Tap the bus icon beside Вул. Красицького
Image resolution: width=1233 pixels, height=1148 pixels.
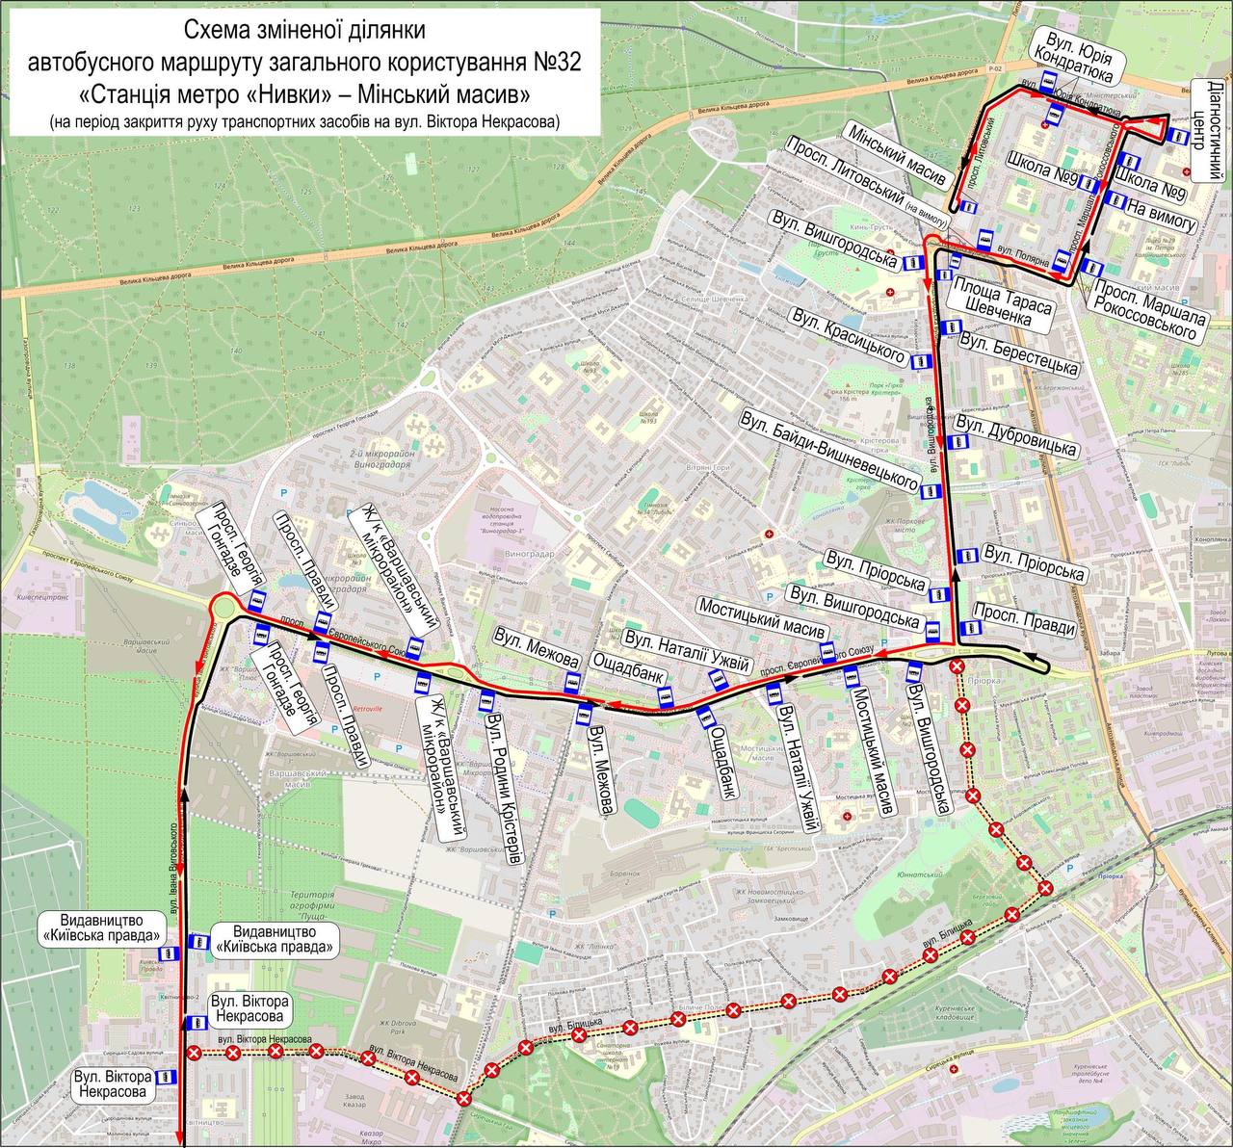(921, 361)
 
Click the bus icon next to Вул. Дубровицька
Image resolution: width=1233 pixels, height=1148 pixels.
(957, 442)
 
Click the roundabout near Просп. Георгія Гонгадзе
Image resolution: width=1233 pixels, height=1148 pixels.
(228, 610)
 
